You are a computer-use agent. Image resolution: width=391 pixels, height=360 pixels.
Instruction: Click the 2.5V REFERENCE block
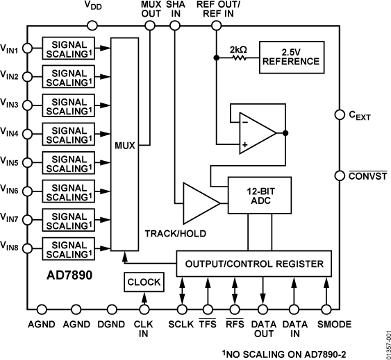pos(291,56)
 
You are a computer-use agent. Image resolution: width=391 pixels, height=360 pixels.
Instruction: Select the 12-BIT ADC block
pos(256,196)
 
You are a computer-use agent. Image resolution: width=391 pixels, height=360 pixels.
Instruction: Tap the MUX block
pos(126,146)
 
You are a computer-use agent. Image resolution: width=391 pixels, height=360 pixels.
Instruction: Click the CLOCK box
pos(144,282)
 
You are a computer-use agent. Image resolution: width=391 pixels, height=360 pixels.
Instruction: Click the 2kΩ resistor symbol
pos(238,58)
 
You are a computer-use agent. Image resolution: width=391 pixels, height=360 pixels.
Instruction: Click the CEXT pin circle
pos(339,114)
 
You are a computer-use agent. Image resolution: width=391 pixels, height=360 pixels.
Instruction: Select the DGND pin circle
pos(113,309)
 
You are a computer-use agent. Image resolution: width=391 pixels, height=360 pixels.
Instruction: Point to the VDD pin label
pos(93,6)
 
